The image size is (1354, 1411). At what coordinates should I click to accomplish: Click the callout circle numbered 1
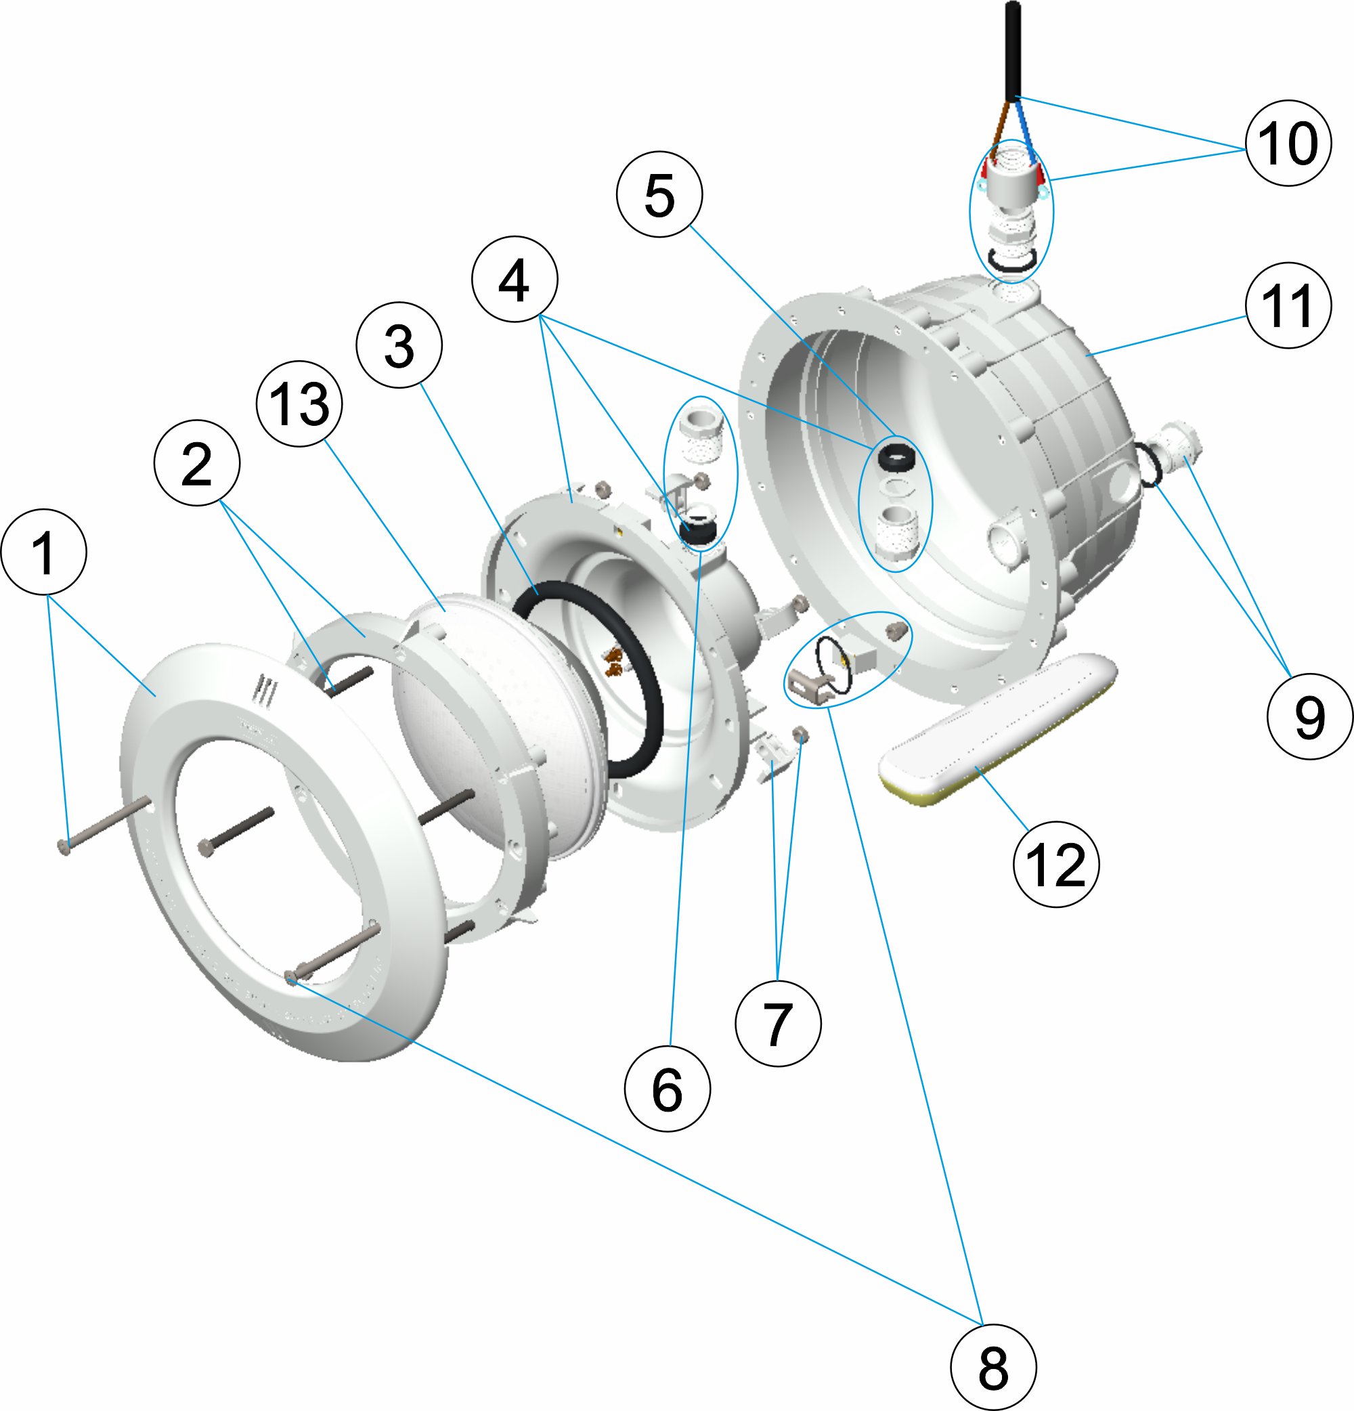coord(44,552)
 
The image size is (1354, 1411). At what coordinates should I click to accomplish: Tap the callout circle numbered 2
coord(196,463)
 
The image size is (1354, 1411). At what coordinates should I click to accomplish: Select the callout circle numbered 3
coord(399,345)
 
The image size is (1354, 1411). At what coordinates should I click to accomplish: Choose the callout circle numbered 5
coord(659,194)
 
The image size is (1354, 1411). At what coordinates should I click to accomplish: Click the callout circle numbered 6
coord(667,1089)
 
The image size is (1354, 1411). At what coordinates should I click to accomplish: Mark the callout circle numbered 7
coord(777,1023)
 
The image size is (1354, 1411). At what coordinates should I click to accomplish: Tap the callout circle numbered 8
coord(992,1367)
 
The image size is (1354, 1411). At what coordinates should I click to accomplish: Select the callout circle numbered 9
coord(1309,716)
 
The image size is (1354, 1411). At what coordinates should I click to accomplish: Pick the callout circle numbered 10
coord(1288,143)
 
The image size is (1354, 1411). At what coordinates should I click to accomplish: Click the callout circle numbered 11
coord(1288,305)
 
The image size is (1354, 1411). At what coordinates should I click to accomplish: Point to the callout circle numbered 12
coord(1055,864)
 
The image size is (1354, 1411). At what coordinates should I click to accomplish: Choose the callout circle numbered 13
coord(299,403)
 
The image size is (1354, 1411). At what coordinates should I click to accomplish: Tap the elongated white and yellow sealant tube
coord(997,731)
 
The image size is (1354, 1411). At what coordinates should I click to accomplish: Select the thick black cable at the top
coord(1013,50)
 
